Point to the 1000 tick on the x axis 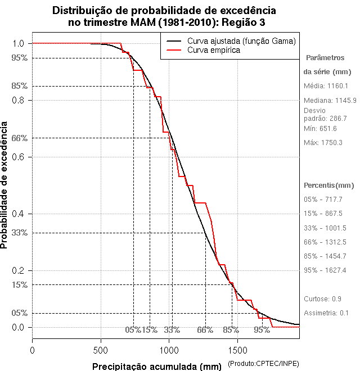coord(169,339)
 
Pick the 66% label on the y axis coord(19,138)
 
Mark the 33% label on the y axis coord(19,233)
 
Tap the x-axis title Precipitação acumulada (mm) coord(157,367)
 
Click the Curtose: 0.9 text coord(322,298)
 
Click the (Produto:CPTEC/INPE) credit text coord(263,364)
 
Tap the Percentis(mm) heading coord(329,185)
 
